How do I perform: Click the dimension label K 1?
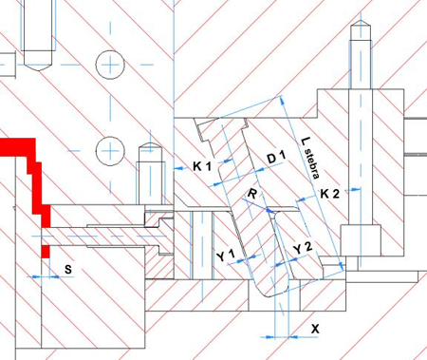point(202,165)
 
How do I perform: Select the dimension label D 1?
point(277,157)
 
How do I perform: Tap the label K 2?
point(330,194)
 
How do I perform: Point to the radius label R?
point(251,193)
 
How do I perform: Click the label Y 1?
point(227,256)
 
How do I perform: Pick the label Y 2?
point(303,248)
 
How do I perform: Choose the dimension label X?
point(315,329)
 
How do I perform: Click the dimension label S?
point(68,269)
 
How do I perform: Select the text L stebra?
point(310,158)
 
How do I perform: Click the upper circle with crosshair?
point(110,65)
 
